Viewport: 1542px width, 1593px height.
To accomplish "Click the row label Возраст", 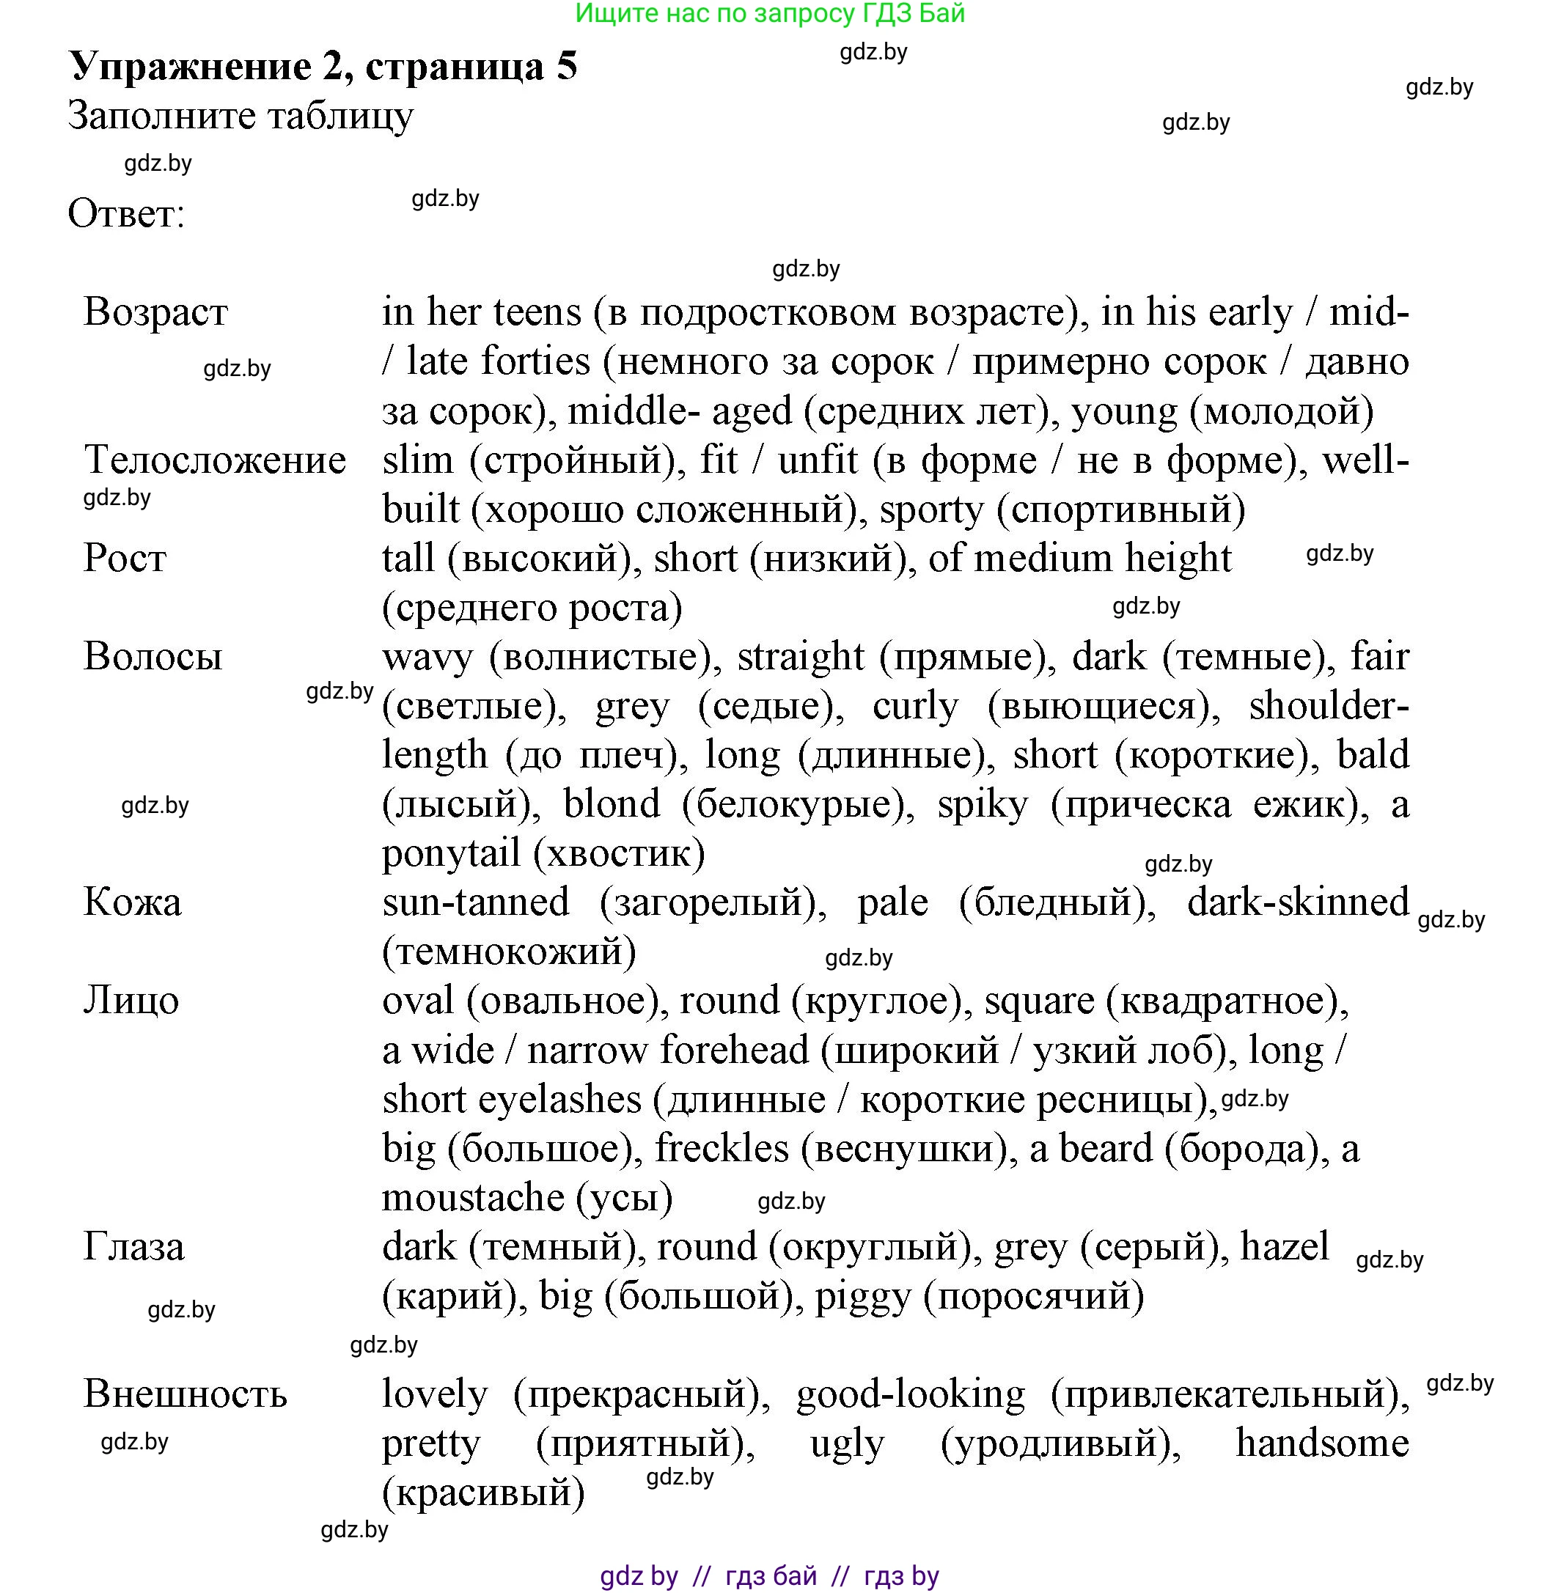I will coord(155,312).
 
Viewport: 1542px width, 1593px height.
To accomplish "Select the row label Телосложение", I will coord(216,460).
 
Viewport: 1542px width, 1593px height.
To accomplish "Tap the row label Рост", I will coord(125,559).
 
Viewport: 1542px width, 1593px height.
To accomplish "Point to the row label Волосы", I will coord(153,657).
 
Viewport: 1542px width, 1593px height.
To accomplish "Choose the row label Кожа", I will coord(132,902).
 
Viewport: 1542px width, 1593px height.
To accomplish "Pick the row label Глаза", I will coord(133,1247).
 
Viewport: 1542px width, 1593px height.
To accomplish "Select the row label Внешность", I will coord(186,1394).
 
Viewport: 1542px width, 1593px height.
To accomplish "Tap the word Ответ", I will coord(126,214).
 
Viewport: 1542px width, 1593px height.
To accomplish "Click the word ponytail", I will coord(451,853).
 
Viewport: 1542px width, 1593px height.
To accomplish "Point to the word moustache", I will coord(473,1198).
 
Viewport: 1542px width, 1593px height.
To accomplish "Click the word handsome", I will coord(1322,1443).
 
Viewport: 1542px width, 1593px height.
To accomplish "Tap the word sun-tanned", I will coord(476,902).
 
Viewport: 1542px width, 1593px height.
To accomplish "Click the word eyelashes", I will coord(559,1100).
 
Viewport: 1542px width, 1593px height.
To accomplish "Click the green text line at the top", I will coord(770,14).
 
